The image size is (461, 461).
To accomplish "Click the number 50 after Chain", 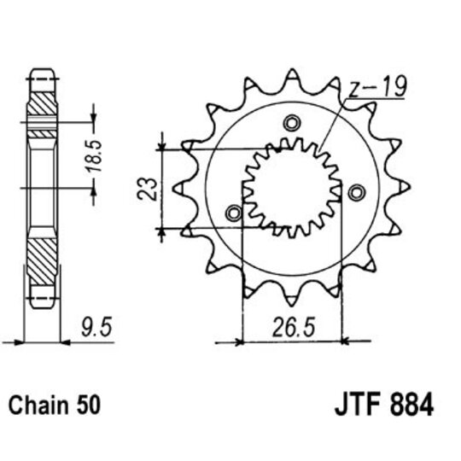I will tap(89, 404).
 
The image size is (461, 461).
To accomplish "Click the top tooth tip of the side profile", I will tap(40, 70).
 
